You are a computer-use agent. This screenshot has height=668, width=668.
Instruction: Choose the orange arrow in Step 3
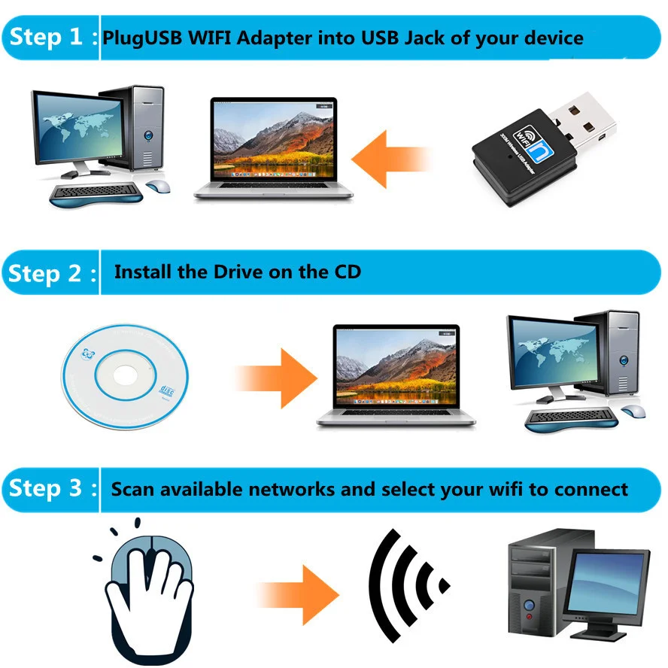pyautogui.click(x=297, y=584)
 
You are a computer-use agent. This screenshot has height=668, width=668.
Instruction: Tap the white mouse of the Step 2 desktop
pyautogui.click(x=633, y=411)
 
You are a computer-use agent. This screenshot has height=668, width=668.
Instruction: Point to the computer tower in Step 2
pyautogui.click(x=624, y=354)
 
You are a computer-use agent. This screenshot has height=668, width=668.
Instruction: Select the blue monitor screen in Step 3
pyautogui.click(x=608, y=583)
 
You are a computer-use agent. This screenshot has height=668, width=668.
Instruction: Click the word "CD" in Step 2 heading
pyautogui.click(x=345, y=272)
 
